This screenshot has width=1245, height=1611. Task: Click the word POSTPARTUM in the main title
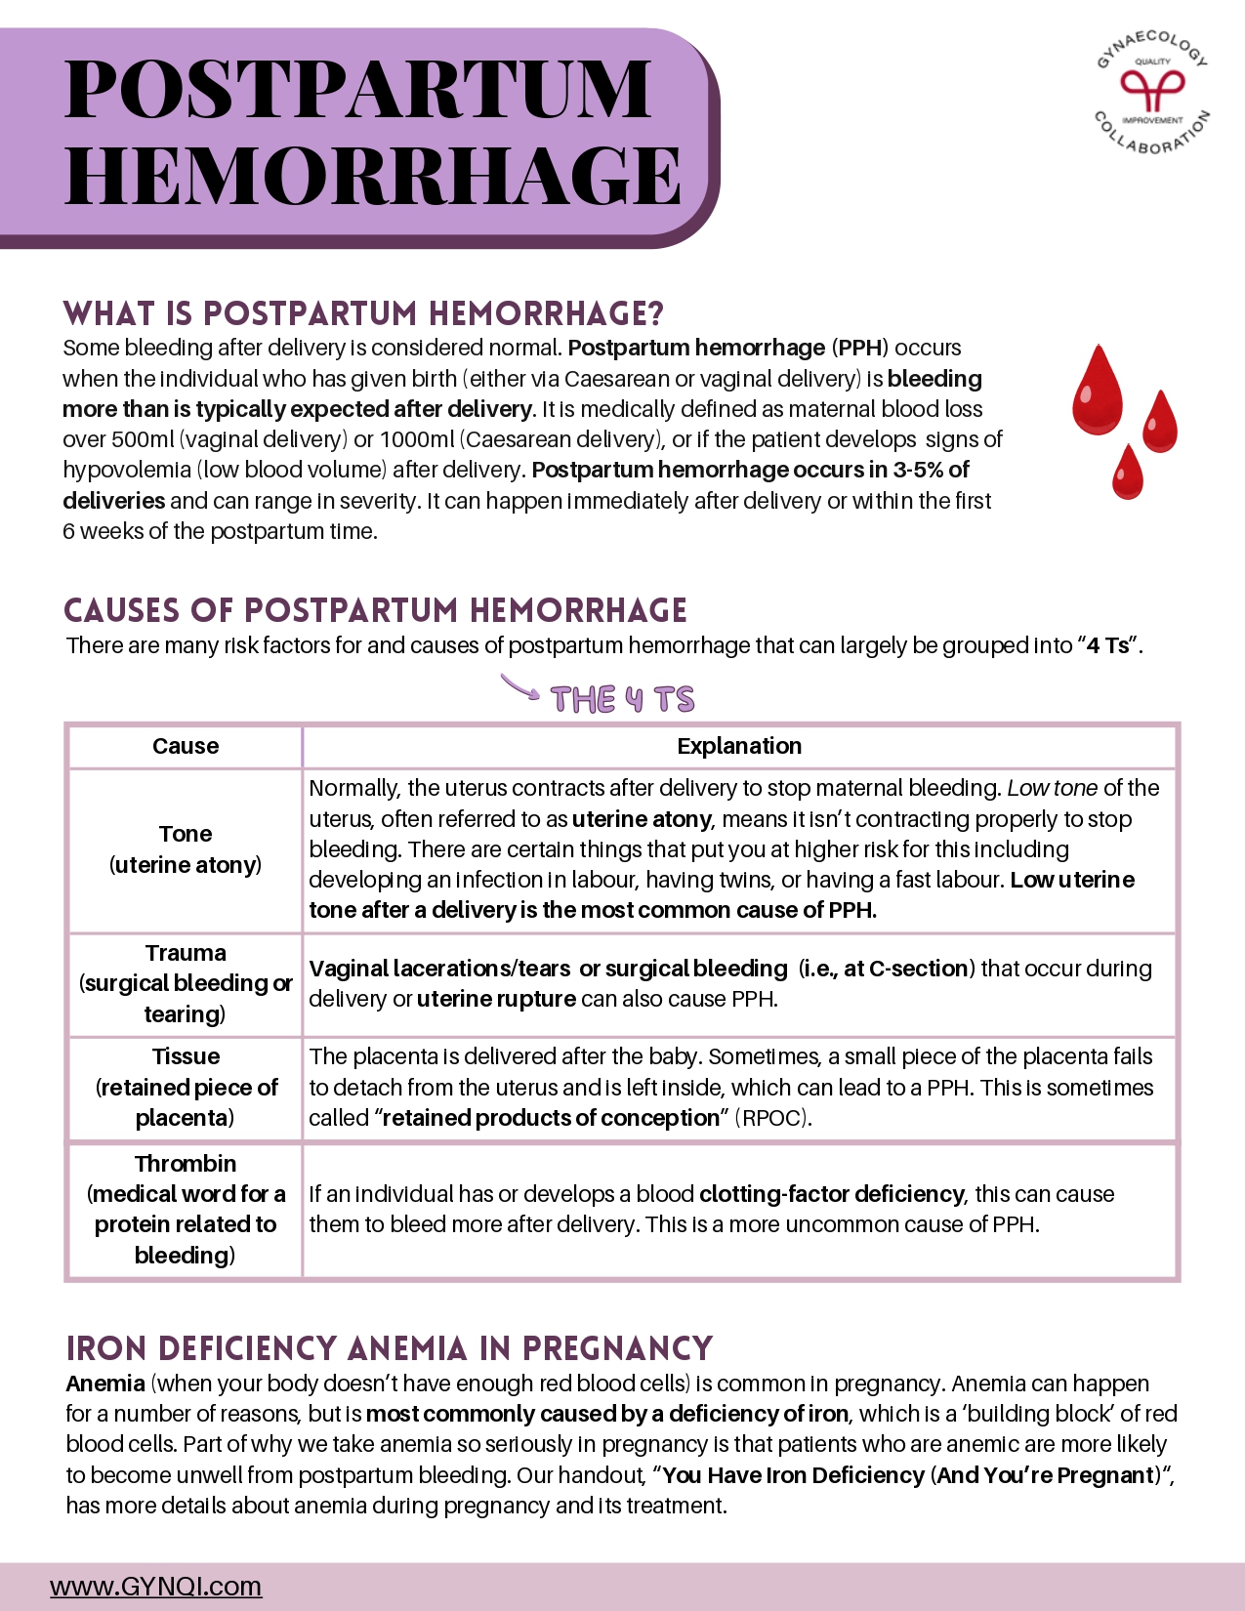click(x=357, y=90)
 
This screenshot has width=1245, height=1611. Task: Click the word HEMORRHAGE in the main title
click(x=372, y=177)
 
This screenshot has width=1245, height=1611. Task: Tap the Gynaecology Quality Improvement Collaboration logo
click(x=1152, y=93)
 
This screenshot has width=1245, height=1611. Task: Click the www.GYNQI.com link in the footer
click(x=156, y=1586)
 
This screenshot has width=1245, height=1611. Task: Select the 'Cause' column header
click(x=186, y=746)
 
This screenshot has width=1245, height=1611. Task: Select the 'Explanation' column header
click(x=739, y=746)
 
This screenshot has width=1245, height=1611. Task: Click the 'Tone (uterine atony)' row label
click(x=186, y=848)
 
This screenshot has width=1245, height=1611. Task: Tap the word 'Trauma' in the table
click(x=186, y=953)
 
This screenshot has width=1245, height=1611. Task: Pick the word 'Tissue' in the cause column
click(x=186, y=1056)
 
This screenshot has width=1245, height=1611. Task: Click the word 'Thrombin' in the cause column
click(x=186, y=1164)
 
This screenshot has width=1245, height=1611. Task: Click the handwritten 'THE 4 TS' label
click(x=622, y=700)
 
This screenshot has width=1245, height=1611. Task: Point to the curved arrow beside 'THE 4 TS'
click(x=519, y=688)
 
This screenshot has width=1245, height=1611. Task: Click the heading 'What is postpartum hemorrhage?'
click(x=363, y=314)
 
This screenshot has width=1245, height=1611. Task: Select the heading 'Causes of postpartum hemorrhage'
click(x=375, y=610)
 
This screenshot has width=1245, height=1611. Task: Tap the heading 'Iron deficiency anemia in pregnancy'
click(x=389, y=1348)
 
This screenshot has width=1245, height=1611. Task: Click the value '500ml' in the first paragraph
click(x=143, y=439)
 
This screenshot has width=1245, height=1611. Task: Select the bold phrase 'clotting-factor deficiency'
click(x=831, y=1194)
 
